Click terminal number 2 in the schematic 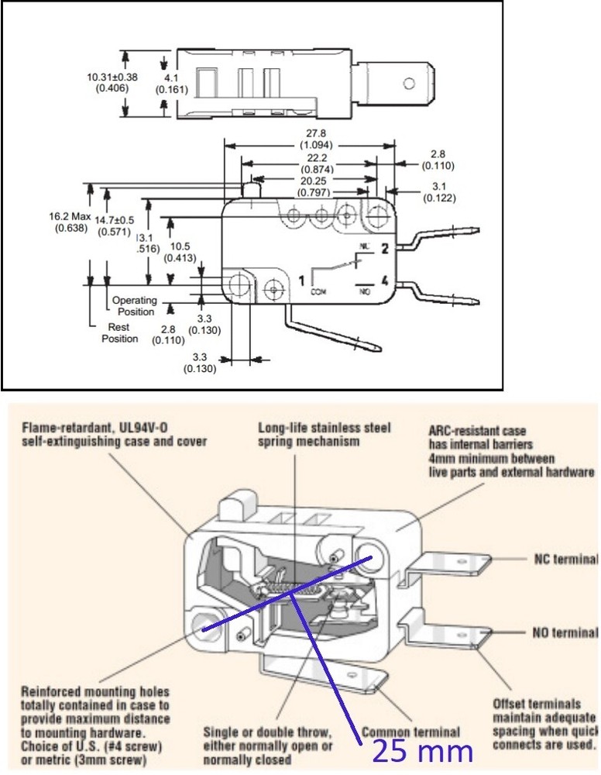[x=383, y=249]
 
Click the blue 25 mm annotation [x=421, y=751]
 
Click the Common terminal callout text [x=410, y=731]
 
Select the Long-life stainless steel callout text [x=324, y=427]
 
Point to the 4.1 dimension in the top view [x=170, y=78]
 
